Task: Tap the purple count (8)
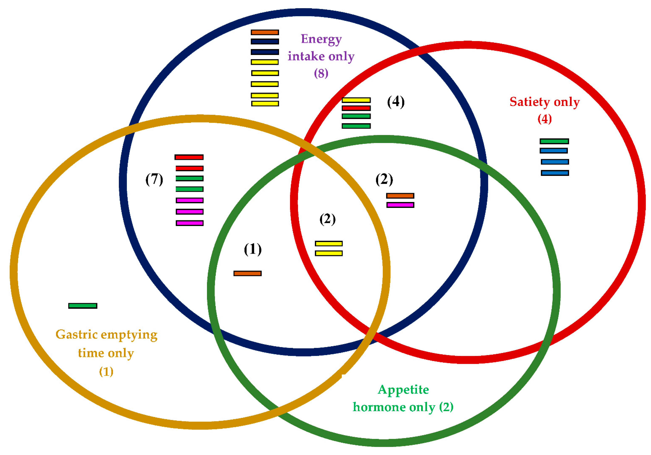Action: pos(321,73)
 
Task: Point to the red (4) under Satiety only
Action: pos(544,119)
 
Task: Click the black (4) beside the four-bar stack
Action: pos(396,102)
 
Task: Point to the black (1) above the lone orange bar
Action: pos(253,249)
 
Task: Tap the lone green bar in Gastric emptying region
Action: pos(83,306)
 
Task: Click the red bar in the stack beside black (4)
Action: pos(356,108)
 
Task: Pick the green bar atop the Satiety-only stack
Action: pos(554,141)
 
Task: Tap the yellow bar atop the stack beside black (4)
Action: pos(356,100)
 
